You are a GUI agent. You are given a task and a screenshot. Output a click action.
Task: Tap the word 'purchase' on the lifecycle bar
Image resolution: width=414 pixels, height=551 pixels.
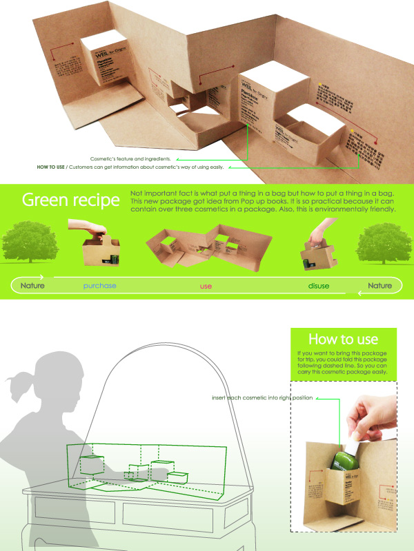pyautogui.click(x=99, y=285)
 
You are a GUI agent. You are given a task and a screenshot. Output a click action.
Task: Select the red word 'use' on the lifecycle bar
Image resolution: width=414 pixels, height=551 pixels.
pyautogui.click(x=206, y=285)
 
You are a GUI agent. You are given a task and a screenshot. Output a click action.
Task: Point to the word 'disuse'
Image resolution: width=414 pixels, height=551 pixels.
pyautogui.click(x=319, y=285)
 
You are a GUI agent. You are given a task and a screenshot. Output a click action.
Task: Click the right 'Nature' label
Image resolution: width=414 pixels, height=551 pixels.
pyautogui.click(x=379, y=285)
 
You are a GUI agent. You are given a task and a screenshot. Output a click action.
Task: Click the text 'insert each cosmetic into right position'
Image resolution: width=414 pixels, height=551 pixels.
pyautogui.click(x=263, y=398)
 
